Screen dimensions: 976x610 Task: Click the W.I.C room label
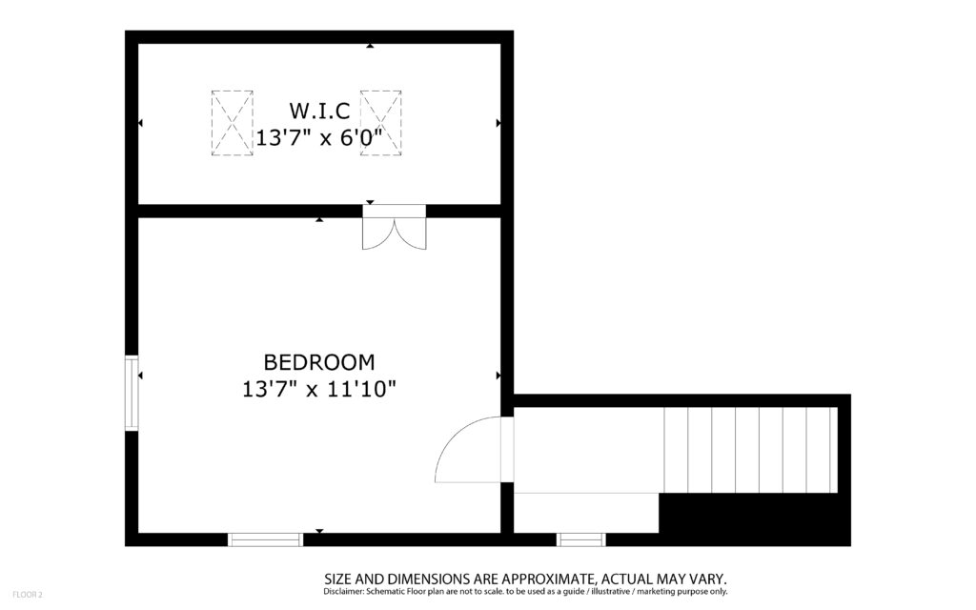(x=319, y=111)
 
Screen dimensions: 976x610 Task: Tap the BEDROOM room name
(x=319, y=361)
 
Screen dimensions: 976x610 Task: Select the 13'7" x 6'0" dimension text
(x=318, y=137)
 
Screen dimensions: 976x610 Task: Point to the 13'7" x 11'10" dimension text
(x=319, y=390)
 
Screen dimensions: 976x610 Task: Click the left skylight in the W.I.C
(x=233, y=123)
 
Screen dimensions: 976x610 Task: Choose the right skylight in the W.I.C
(x=381, y=123)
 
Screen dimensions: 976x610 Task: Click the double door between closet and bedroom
(x=395, y=228)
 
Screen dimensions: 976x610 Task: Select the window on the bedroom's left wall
(x=132, y=393)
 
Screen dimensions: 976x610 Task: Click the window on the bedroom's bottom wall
(x=265, y=539)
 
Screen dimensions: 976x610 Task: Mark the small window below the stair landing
(x=580, y=539)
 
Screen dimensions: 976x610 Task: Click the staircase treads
(x=751, y=450)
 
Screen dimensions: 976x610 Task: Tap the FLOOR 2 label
(x=28, y=595)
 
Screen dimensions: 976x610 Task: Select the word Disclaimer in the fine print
(x=343, y=591)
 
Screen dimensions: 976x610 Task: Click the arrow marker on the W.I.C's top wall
(x=370, y=46)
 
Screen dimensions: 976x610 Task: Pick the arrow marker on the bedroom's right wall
(x=498, y=376)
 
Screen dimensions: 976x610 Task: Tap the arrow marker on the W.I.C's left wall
(x=141, y=123)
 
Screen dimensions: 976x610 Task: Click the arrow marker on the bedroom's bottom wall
(x=319, y=531)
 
